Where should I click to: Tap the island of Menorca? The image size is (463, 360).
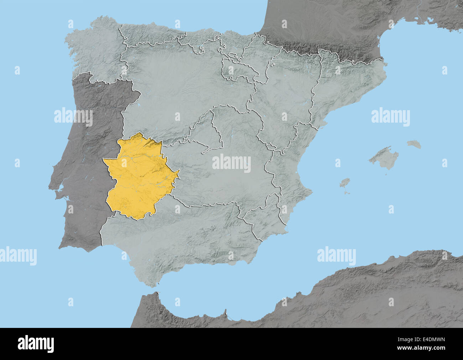pos(414,144)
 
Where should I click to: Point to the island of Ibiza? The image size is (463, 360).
pos(344,184)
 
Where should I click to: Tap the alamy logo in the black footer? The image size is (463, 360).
pos(36,344)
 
